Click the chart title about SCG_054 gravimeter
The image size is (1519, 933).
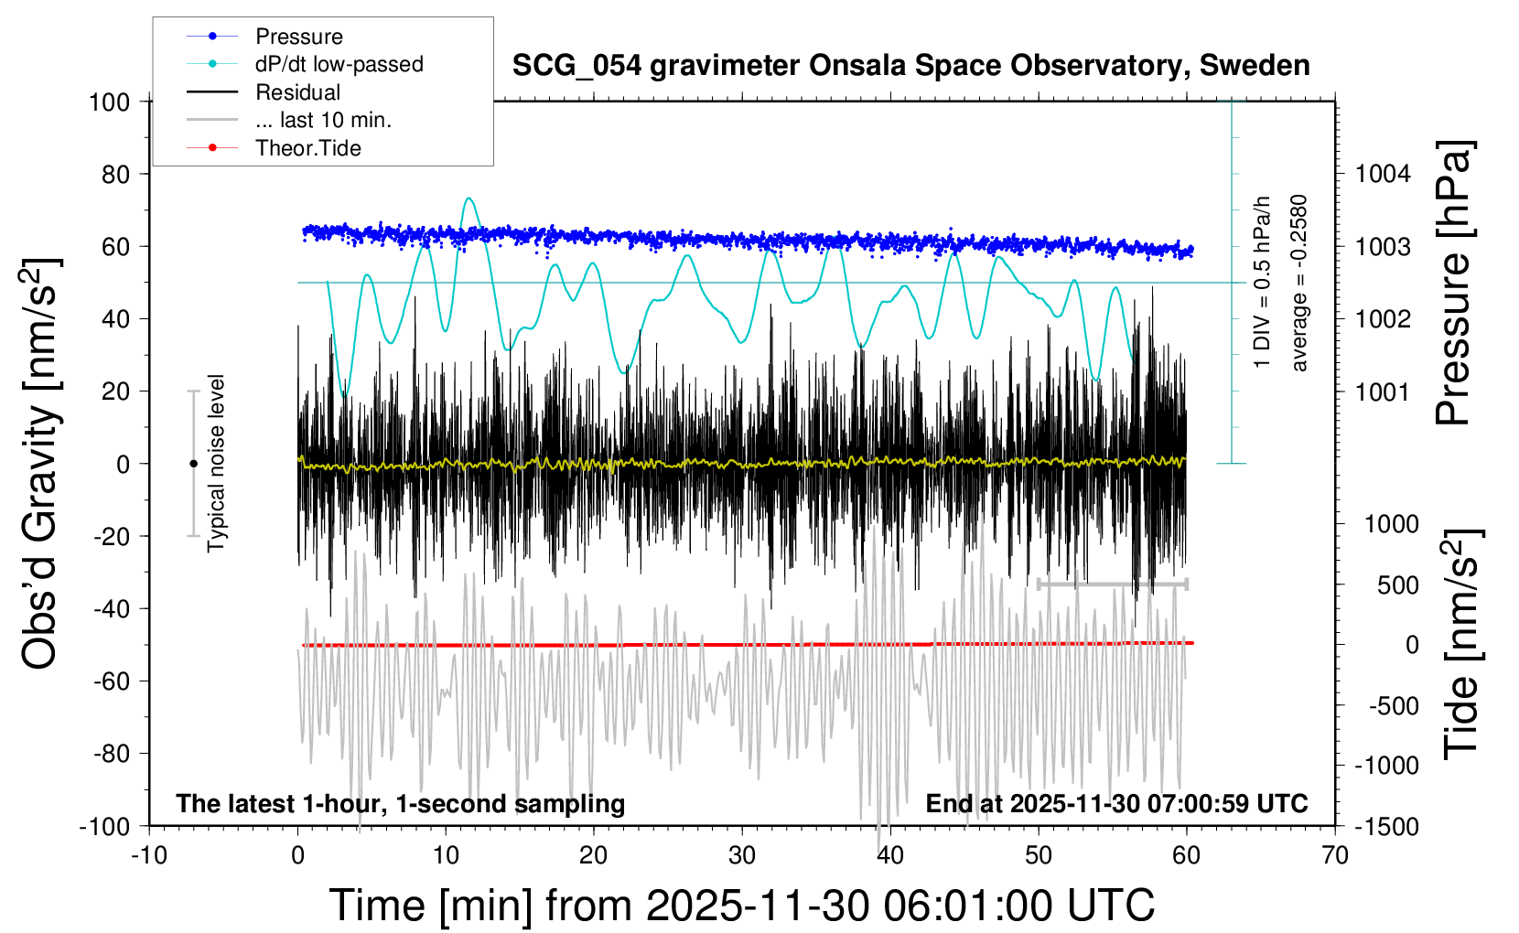tap(910, 66)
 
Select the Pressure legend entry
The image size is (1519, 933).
tap(298, 37)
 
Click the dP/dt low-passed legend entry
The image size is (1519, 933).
tap(339, 64)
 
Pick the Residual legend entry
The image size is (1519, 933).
tap(297, 92)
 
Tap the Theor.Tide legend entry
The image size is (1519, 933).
tap(308, 148)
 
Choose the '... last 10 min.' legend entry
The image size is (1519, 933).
tap(323, 120)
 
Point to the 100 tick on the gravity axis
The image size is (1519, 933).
tap(109, 102)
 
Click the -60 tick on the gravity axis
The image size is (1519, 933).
tap(112, 681)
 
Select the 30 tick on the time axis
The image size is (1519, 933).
tap(742, 855)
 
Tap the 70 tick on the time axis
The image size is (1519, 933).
tap(1335, 855)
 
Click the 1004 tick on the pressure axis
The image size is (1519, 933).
tap(1383, 174)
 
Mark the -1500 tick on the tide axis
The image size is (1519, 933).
tap(1386, 826)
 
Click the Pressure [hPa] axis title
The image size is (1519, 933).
tap(1454, 284)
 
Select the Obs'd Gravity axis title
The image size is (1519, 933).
tap(41, 464)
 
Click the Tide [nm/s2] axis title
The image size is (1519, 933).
tap(1461, 644)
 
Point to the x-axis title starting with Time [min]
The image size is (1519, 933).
tap(741, 906)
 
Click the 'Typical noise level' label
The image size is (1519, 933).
tap(216, 464)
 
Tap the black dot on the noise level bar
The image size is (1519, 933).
tap(193, 464)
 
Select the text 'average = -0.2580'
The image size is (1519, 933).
tap(1299, 284)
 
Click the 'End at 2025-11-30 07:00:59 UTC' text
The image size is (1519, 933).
tap(1116, 803)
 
